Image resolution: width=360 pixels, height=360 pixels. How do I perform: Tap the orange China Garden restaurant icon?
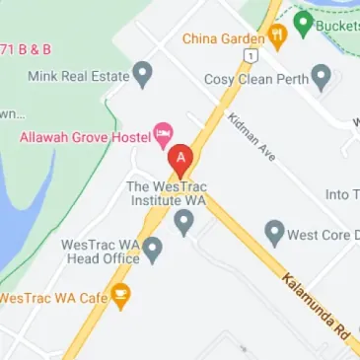[x=277, y=38]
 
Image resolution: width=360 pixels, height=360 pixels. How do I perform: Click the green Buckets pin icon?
[x=303, y=21]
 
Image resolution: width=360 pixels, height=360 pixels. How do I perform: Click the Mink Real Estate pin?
[x=144, y=72]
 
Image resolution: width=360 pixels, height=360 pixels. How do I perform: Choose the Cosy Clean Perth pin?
[x=321, y=77]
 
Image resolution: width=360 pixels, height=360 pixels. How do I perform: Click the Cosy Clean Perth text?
[x=253, y=78]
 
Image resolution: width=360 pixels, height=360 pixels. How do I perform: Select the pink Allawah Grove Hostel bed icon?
[x=165, y=132]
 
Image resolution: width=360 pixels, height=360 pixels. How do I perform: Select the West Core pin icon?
[x=275, y=233]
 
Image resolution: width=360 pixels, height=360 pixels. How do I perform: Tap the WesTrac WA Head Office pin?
[x=152, y=250]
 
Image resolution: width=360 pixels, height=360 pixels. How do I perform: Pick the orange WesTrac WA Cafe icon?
[x=120, y=294]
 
